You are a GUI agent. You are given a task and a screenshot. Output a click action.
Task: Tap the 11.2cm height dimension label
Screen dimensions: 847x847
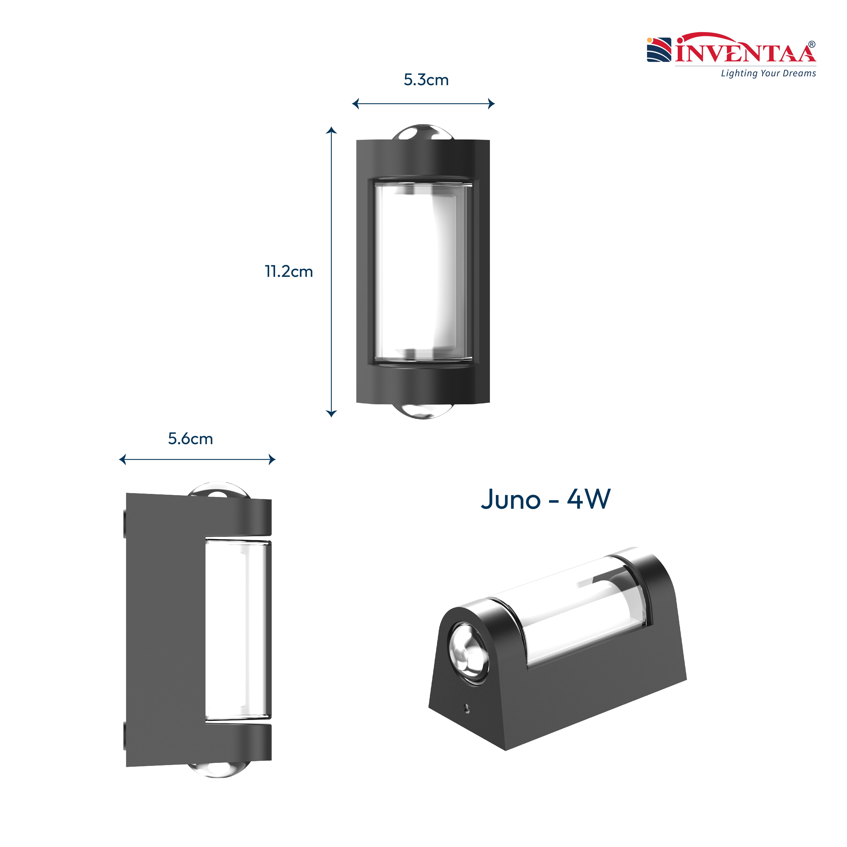pyautogui.click(x=288, y=272)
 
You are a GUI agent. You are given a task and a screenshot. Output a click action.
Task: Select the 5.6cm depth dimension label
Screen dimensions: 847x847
pyautogui.click(x=190, y=439)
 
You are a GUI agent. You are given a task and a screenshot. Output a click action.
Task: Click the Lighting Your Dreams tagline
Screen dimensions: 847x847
pyautogui.click(x=768, y=73)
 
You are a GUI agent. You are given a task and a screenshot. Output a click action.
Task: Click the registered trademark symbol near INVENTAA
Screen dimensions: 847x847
pyautogui.click(x=812, y=44)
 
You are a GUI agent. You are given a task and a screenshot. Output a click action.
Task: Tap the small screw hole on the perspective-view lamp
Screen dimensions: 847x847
pyautogui.click(x=467, y=708)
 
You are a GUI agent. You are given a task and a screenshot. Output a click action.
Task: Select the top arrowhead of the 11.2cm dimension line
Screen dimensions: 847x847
pyautogui.click(x=332, y=130)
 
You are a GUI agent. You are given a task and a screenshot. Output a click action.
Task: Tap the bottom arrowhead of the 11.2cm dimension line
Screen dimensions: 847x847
pyautogui.click(x=332, y=413)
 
